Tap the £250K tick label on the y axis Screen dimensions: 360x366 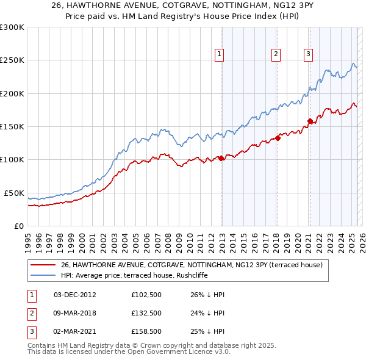click(12, 60)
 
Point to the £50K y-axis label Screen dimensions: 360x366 click(13, 193)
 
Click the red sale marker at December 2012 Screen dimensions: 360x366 click(221, 158)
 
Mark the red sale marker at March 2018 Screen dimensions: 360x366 click(278, 138)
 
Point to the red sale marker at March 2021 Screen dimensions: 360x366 click(310, 121)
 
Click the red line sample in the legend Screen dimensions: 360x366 click(43, 265)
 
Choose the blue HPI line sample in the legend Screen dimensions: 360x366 click(43, 275)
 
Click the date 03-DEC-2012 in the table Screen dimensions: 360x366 click(75, 294)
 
